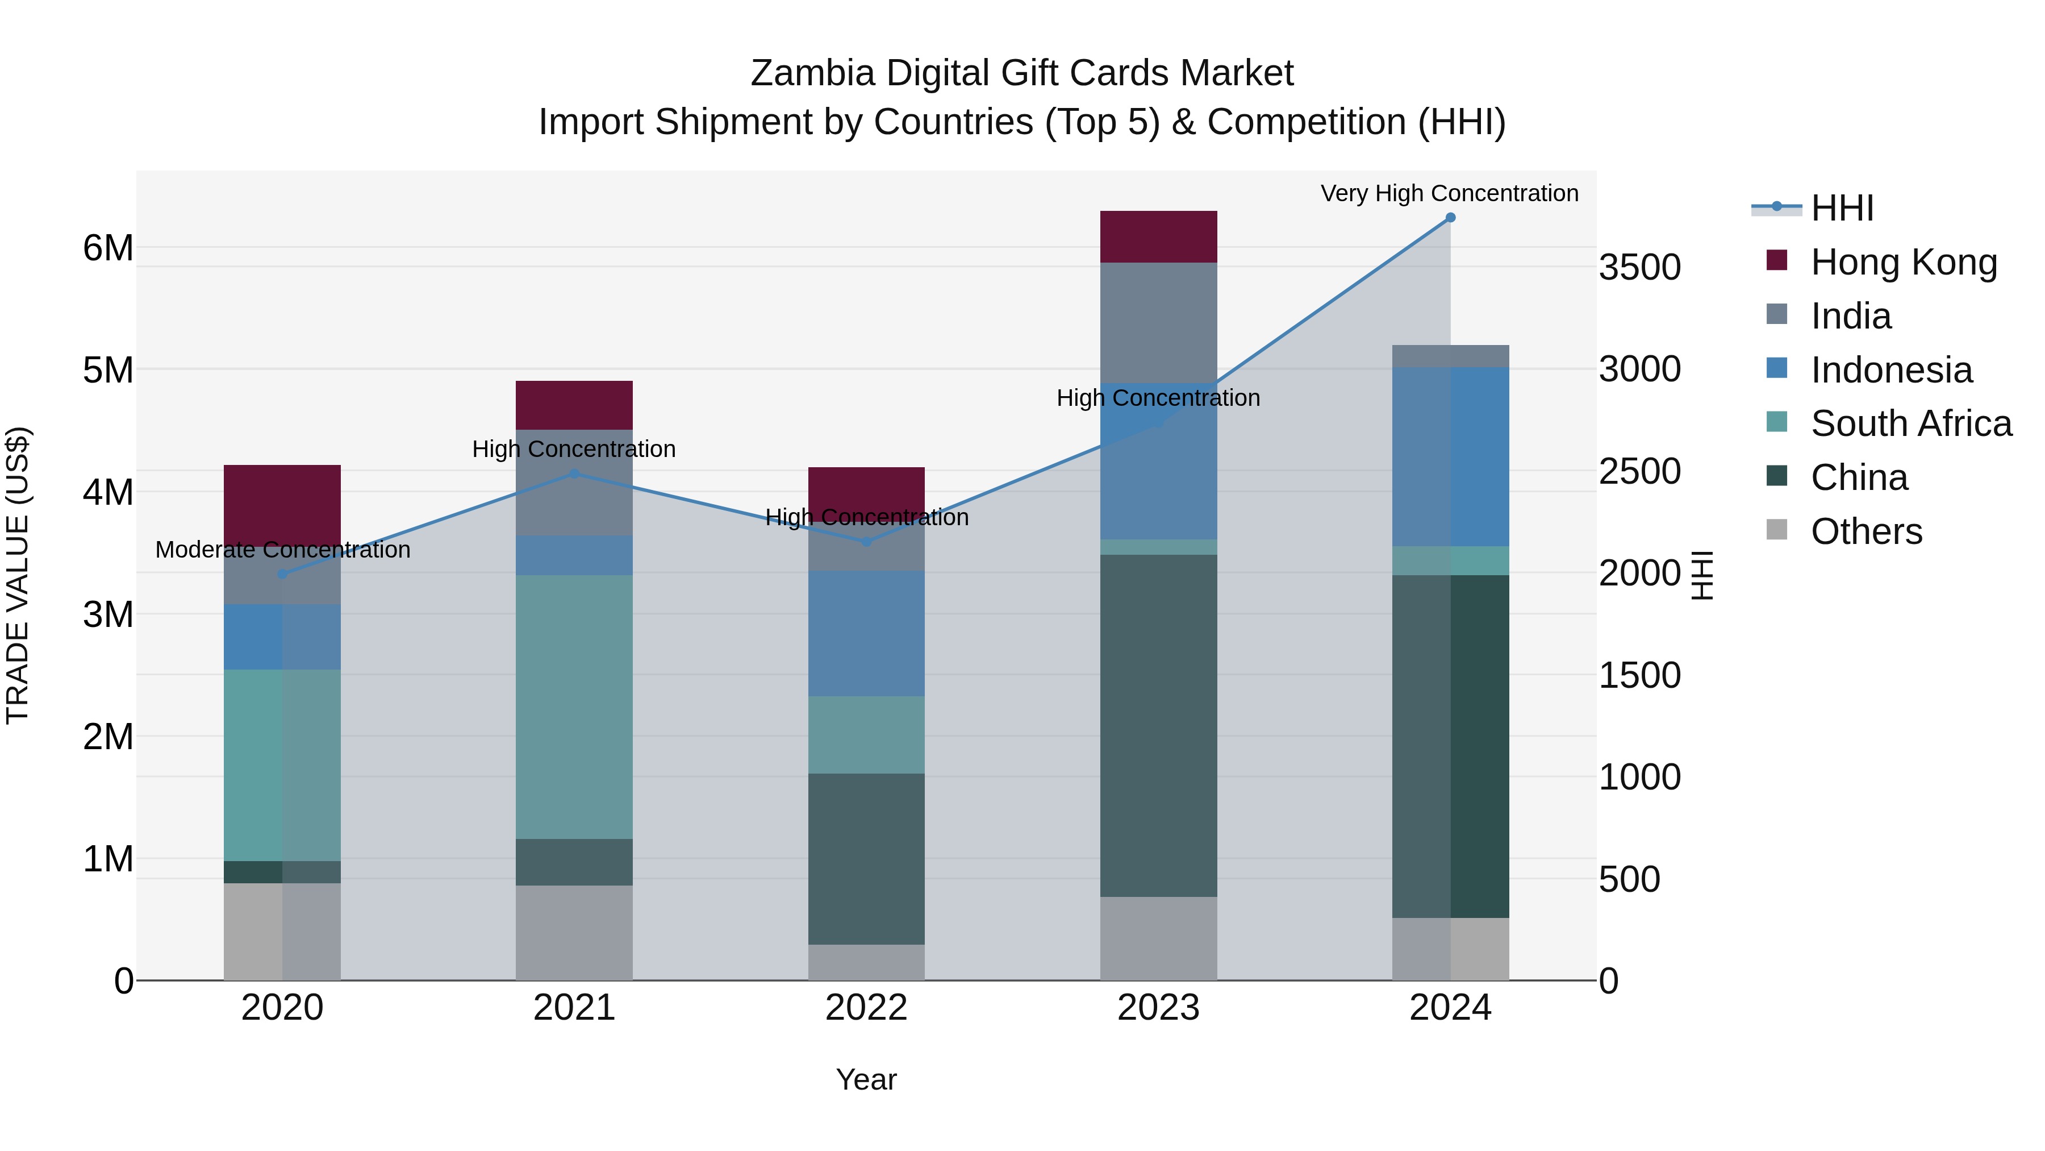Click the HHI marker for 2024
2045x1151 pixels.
tap(1450, 218)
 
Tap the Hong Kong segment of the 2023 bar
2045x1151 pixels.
tap(1158, 236)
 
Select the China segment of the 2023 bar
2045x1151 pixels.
tap(1158, 725)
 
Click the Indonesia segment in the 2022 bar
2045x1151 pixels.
tap(866, 633)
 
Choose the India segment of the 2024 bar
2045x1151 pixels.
tap(1450, 356)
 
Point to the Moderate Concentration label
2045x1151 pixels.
tap(283, 550)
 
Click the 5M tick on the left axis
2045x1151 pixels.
tap(108, 370)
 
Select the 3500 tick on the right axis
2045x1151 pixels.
tap(1639, 268)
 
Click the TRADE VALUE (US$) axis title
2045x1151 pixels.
tap(18, 575)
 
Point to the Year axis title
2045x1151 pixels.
tap(866, 1079)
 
